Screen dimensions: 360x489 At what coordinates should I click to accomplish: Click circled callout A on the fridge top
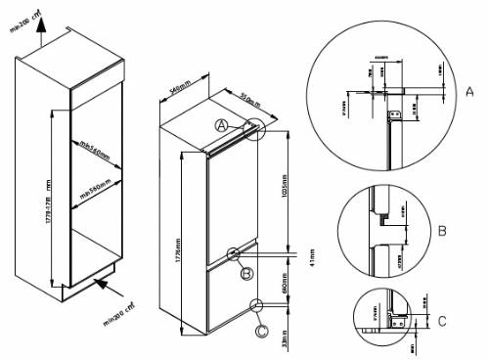(223, 126)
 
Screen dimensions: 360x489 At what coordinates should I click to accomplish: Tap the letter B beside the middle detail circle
(441, 231)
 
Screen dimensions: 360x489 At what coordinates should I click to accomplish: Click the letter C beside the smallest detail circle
(441, 318)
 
